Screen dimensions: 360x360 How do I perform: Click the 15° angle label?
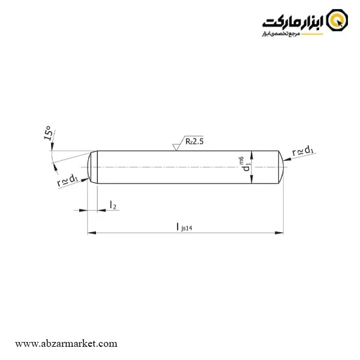click(x=47, y=133)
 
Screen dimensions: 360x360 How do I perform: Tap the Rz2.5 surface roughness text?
click(x=194, y=142)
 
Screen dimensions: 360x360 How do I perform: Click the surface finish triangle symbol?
click(x=176, y=147)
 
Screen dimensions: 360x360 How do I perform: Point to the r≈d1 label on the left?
click(x=67, y=180)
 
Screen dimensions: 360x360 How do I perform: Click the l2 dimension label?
click(x=113, y=205)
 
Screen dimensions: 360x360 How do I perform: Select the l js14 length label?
click(x=184, y=227)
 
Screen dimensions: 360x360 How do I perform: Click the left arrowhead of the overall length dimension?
click(x=92, y=233)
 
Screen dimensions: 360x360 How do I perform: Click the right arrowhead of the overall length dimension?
click(x=279, y=233)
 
